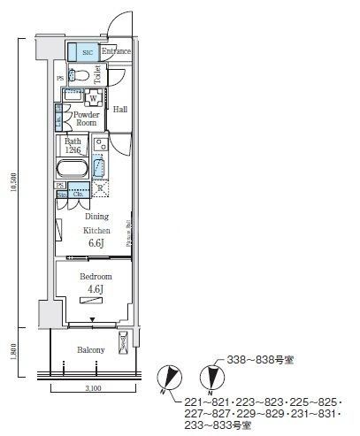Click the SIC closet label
(87, 52)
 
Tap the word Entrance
(116, 51)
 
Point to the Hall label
(121, 110)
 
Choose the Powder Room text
(86, 119)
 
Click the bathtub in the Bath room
(73, 170)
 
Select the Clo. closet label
(79, 194)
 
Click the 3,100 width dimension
(93, 387)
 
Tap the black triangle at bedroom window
(92, 317)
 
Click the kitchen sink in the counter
(100, 164)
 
